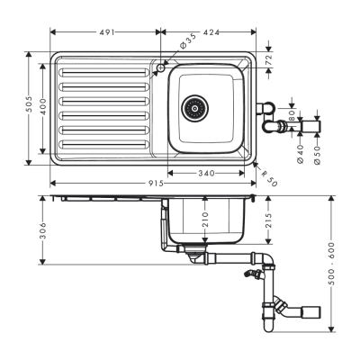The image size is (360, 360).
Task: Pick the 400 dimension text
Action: pos(42,104)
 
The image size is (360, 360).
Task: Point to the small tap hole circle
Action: pos(161,67)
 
